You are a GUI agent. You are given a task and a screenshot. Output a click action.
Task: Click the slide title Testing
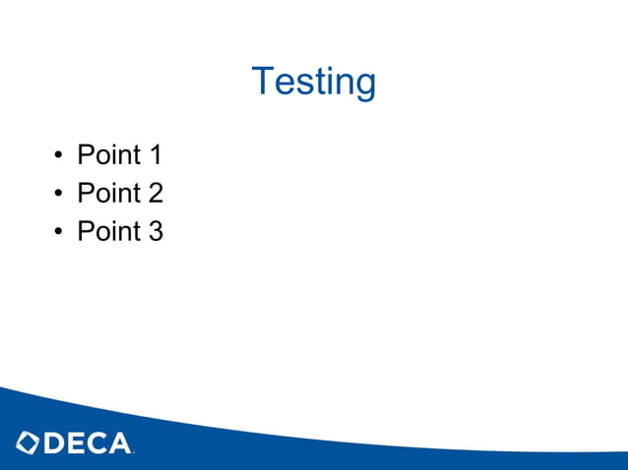[314, 81]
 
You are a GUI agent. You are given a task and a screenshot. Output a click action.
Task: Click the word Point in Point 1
[108, 155]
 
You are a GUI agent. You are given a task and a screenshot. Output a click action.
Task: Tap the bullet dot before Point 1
[59, 156]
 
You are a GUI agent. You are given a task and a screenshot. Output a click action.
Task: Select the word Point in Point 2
[108, 194]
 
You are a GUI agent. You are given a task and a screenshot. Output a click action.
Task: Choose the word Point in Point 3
[108, 232]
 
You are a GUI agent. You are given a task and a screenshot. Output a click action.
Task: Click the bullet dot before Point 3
[59, 233]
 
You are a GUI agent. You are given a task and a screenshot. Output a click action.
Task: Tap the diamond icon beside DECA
[28, 443]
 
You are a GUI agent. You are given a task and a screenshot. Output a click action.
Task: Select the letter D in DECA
[55, 443]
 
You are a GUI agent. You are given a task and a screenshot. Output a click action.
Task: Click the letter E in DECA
[77, 443]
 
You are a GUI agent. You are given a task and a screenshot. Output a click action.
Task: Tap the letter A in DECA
[119, 443]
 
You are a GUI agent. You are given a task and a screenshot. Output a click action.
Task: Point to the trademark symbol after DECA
[134, 452]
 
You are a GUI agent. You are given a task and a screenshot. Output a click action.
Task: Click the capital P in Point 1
[86, 155]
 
